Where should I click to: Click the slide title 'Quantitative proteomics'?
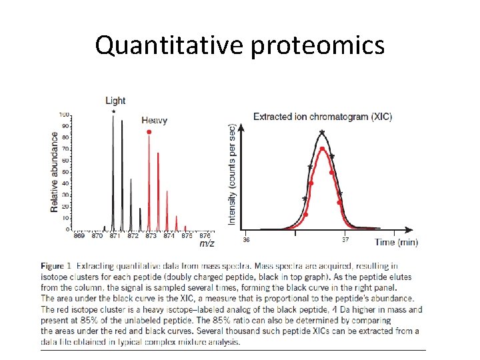240,45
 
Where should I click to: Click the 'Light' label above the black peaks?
115,101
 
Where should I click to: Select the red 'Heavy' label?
154,121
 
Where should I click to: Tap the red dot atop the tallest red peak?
149,132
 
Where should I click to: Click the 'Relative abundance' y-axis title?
55,171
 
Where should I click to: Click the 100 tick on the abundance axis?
66,115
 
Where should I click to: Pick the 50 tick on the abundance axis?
66,172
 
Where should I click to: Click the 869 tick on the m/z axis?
79,236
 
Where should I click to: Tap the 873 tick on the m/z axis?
151,236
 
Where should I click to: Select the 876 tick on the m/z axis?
205,235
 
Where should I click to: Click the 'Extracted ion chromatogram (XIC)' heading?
323,117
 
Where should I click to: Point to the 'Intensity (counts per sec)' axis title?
233,173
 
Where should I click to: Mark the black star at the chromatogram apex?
323,132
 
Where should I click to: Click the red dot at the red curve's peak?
322,149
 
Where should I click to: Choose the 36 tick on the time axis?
246,239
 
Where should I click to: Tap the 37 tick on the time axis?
345,239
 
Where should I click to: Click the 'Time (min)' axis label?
396,242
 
